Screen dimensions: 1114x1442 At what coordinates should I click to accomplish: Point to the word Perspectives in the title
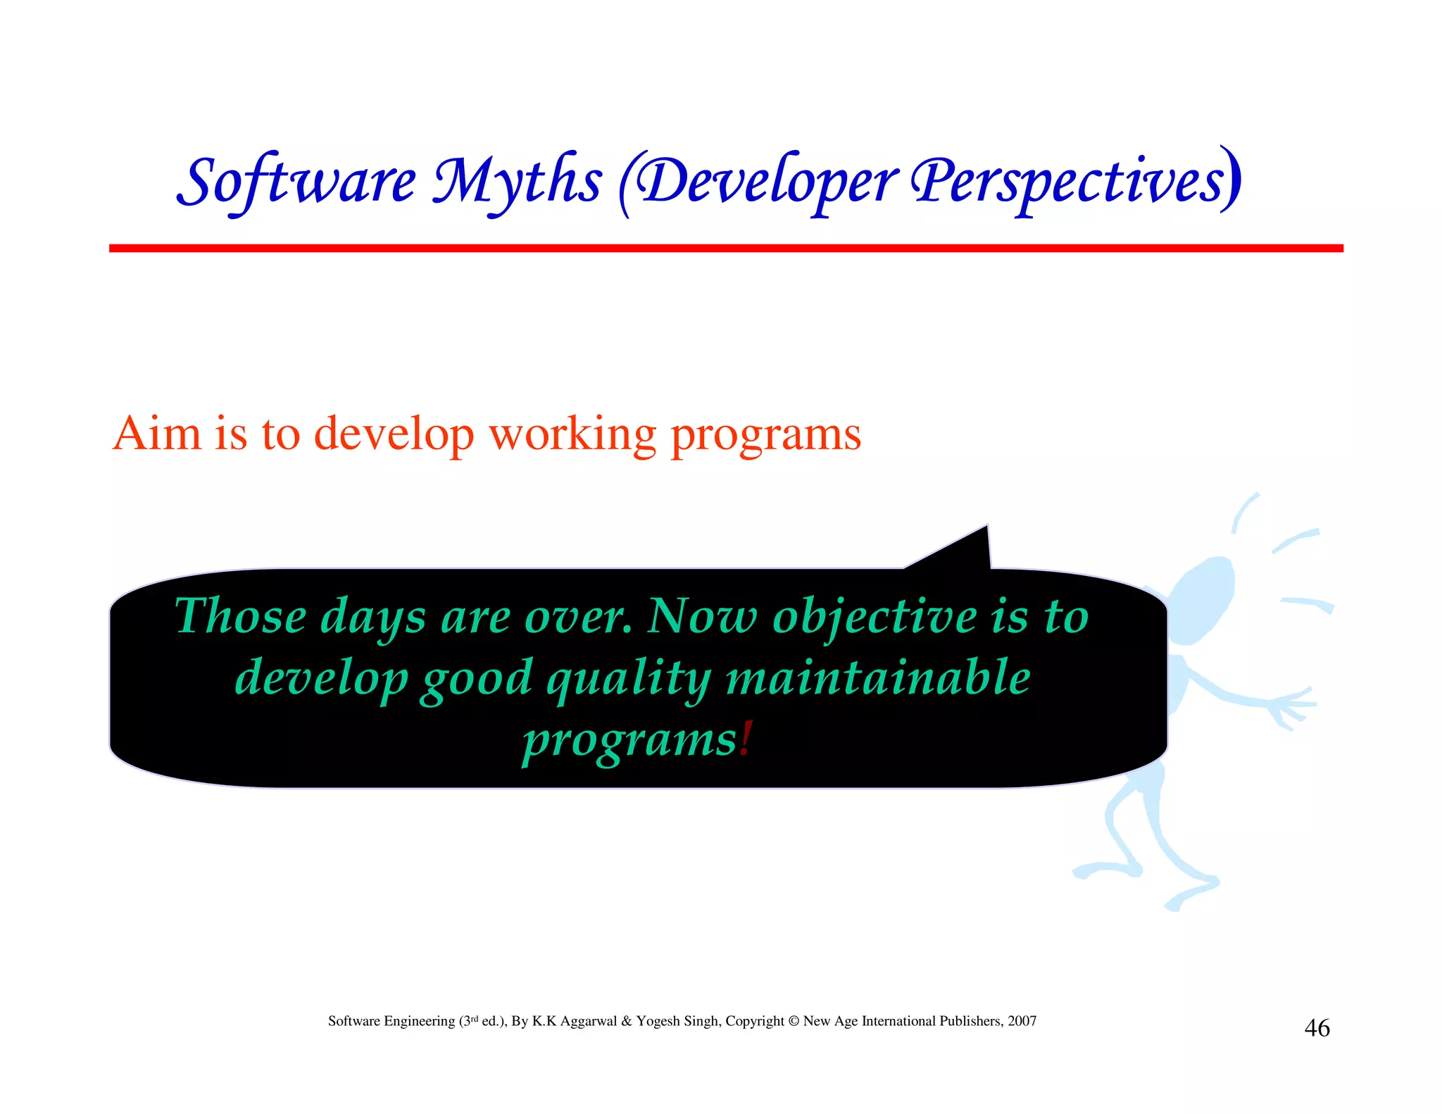pos(1070,182)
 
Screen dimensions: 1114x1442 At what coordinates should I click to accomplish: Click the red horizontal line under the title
pos(725,248)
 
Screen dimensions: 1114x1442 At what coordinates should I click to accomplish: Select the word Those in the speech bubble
pos(240,616)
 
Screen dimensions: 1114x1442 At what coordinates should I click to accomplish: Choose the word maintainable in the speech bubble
pos(877,677)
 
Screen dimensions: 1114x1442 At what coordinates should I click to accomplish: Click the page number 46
pos(1317,1028)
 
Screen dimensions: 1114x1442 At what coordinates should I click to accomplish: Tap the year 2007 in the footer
pos(1022,1021)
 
